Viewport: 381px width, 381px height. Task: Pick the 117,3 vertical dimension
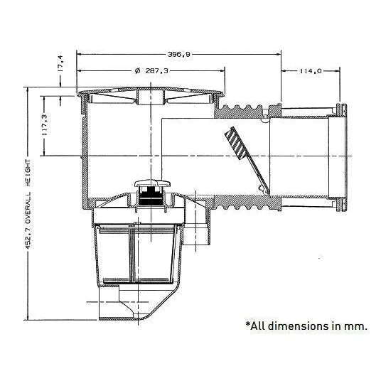[x=45, y=125]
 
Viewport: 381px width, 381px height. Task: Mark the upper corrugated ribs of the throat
[x=242, y=110]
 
